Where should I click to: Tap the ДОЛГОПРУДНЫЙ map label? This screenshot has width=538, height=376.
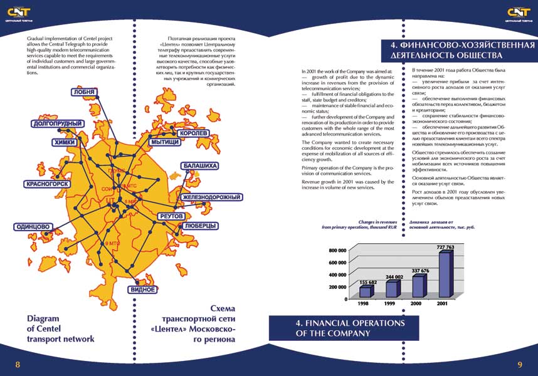pyautogui.click(x=58, y=124)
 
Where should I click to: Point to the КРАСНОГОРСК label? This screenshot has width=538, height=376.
pyautogui.click(x=46, y=184)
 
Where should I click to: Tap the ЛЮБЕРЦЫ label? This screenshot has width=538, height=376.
pyautogui.click(x=201, y=225)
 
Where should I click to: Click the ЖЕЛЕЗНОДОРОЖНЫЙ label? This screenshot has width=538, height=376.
pyautogui.click(x=212, y=197)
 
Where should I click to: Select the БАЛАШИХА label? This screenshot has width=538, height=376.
pyautogui.click(x=201, y=166)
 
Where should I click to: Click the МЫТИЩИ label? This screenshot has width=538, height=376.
pyautogui.click(x=166, y=143)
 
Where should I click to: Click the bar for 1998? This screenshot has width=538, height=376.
pyautogui.click(x=365, y=292)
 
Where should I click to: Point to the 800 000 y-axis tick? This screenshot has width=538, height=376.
pyautogui.click(x=337, y=250)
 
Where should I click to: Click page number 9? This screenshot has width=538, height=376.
pyautogui.click(x=520, y=365)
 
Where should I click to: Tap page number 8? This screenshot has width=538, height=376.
pyautogui.click(x=18, y=365)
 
